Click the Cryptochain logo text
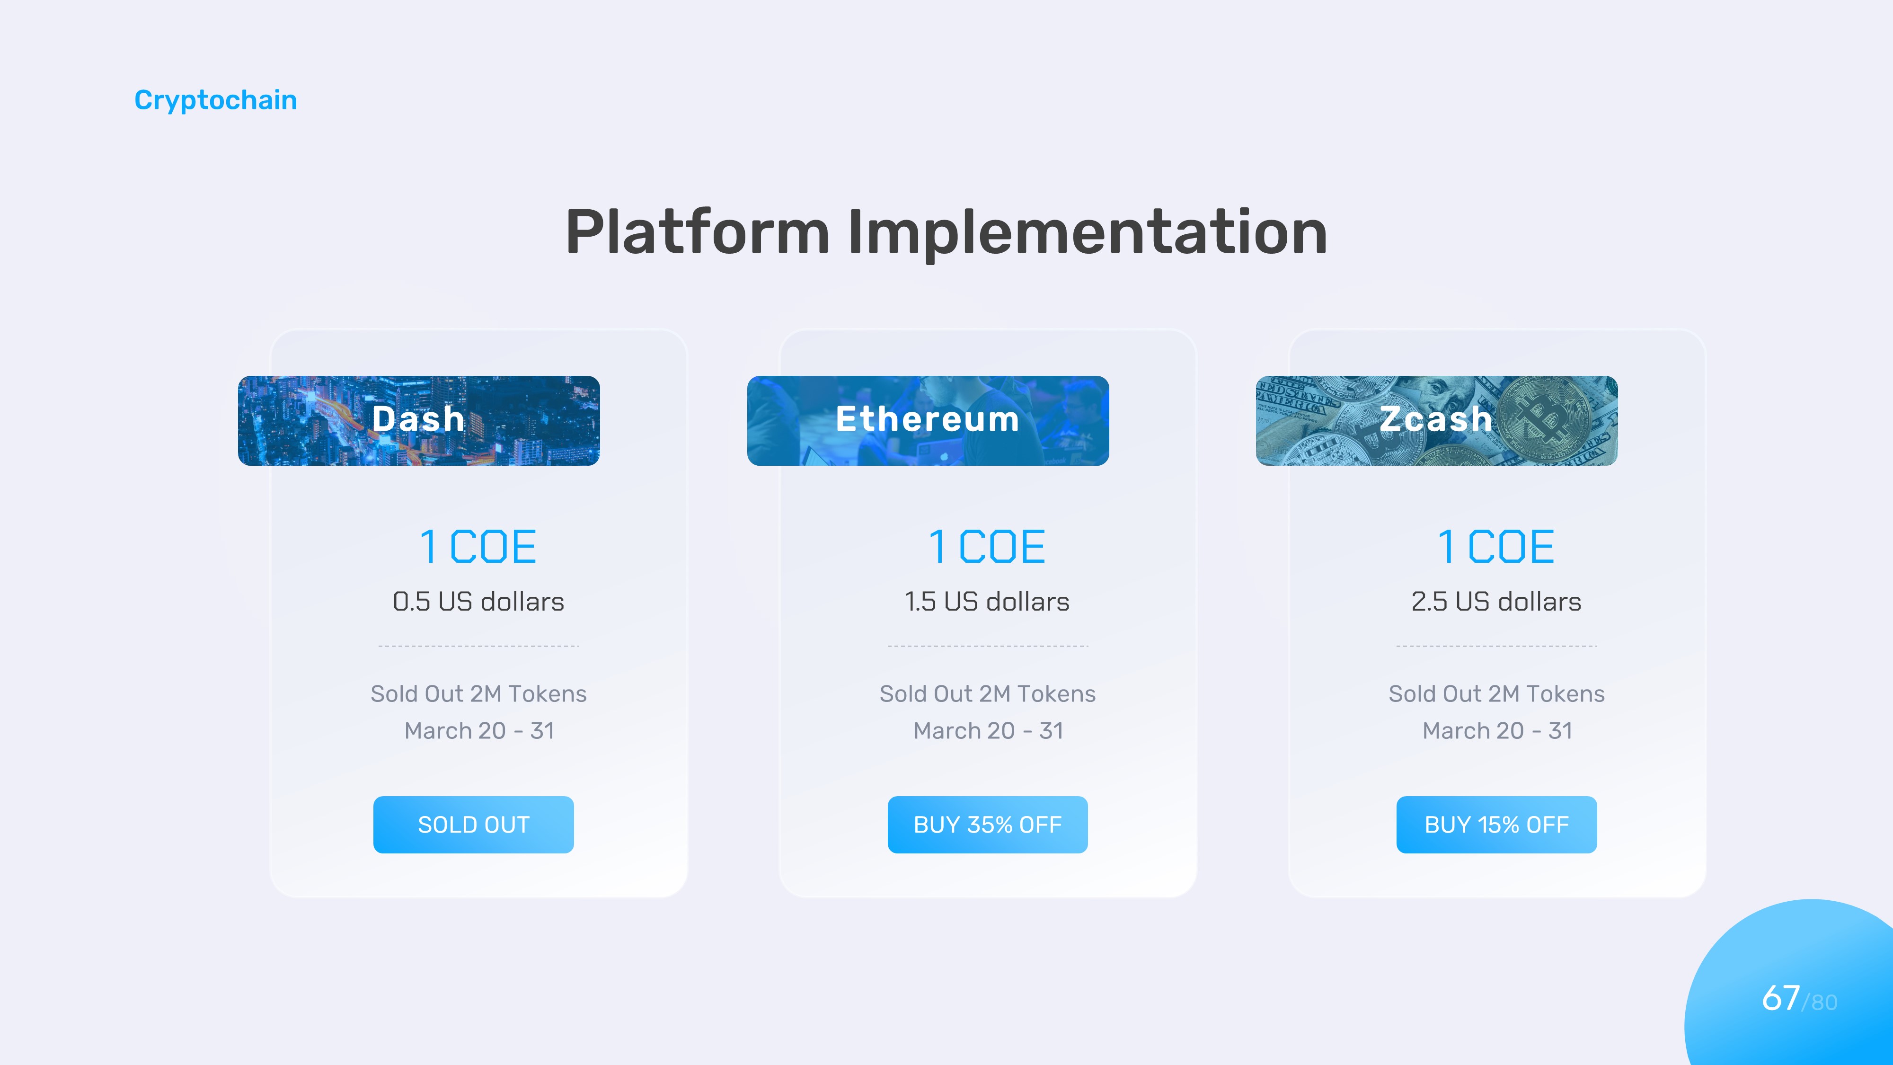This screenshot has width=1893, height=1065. [215, 100]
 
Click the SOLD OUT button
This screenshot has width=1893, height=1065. [473, 825]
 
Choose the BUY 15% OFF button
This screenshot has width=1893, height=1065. [1496, 825]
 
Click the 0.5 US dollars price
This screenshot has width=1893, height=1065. [478, 602]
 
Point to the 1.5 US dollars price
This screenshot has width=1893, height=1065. [987, 602]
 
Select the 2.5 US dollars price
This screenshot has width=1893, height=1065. [1496, 602]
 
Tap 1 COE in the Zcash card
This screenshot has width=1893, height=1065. [1496, 547]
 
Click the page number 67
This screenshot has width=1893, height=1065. [1780, 998]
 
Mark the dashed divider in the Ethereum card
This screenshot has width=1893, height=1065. [988, 646]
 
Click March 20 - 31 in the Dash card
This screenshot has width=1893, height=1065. [479, 730]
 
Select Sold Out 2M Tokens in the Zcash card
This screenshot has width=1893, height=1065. [1496, 694]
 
